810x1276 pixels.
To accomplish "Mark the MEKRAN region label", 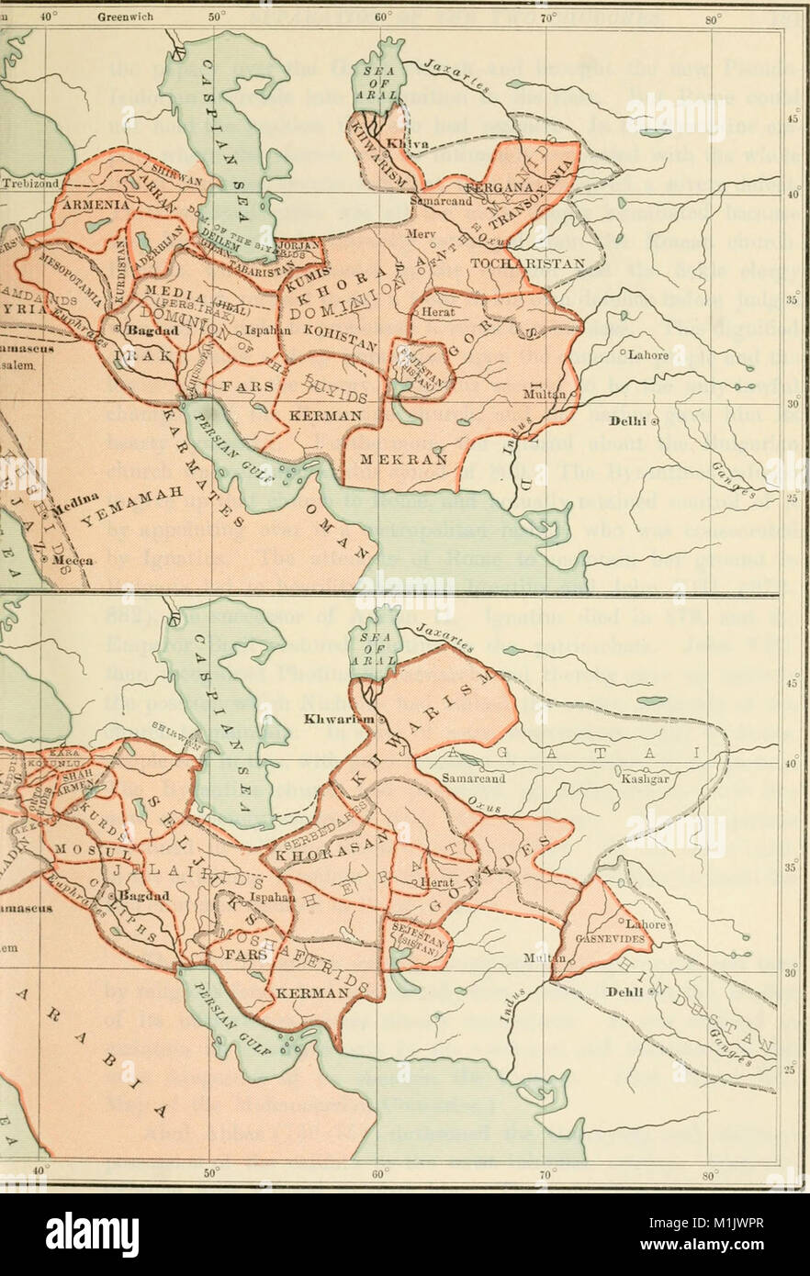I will point(397,457).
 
